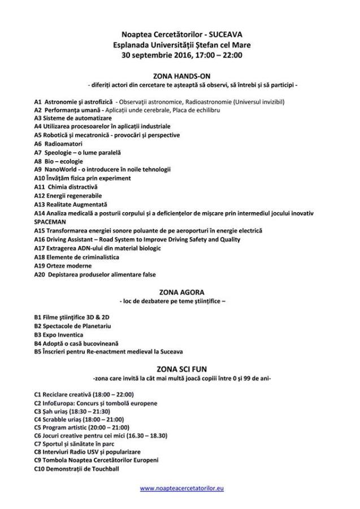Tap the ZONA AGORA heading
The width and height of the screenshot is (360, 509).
coord(181,293)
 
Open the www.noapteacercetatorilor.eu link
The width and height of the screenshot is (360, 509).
coord(181,488)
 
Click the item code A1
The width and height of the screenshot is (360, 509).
coord(37,102)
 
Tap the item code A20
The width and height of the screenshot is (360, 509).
coord(40,274)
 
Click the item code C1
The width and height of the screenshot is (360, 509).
coord(37,395)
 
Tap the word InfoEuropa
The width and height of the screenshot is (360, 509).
coord(62,403)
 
